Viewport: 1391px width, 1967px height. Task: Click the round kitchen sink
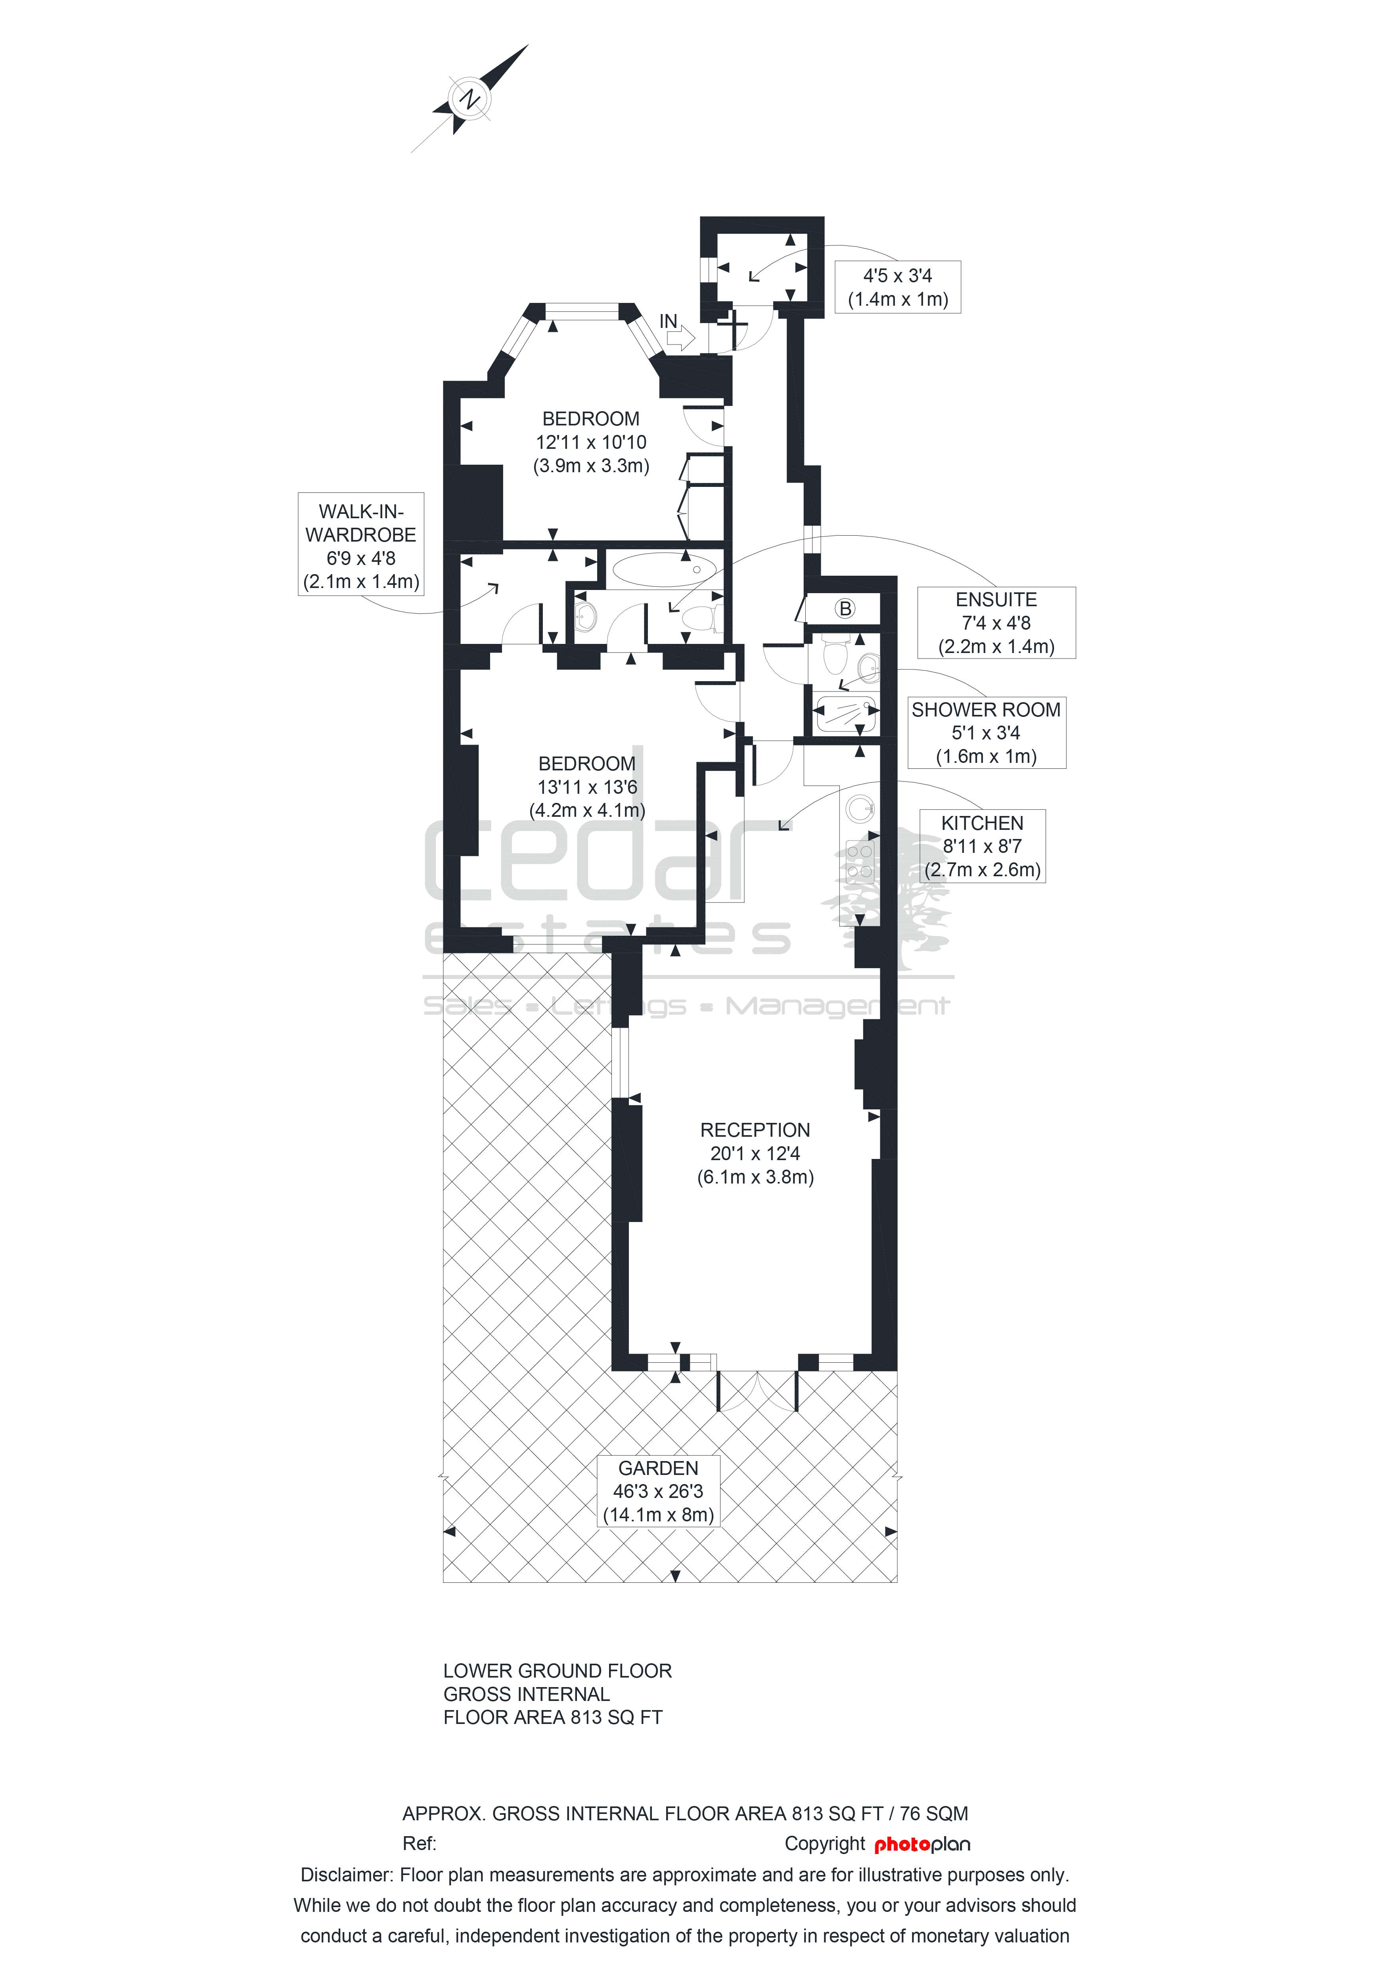point(860,808)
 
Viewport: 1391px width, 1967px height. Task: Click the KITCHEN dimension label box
point(983,847)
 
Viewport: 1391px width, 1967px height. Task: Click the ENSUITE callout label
point(996,623)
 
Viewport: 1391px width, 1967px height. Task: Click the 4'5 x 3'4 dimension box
point(898,287)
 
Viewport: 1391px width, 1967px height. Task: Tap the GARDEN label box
point(658,1492)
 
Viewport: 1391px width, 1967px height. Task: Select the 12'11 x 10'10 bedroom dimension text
point(591,443)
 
